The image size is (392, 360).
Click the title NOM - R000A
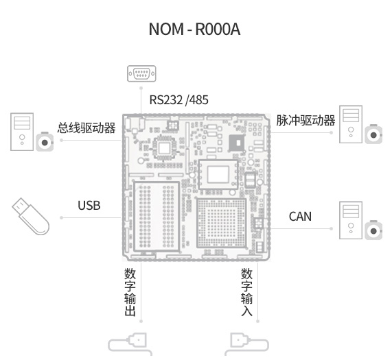coord(194,29)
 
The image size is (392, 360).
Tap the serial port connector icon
coord(141,73)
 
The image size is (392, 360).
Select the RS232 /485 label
coord(178,100)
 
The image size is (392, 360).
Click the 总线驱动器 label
coord(87,128)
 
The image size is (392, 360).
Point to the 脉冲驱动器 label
coord(305,120)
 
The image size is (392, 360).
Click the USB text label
coord(89,206)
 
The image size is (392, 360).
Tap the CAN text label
coord(300,217)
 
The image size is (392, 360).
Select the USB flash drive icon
coord(30,216)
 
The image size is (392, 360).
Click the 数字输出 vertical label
coord(130,292)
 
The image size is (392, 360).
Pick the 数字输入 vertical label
coord(246,292)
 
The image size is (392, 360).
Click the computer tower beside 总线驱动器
coord(22,132)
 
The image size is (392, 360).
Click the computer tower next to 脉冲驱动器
coord(351,124)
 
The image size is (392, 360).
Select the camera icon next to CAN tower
coord(373,230)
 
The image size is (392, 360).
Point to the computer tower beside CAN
coord(351,220)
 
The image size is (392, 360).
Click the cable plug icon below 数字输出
coord(130,344)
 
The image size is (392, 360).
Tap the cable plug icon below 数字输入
coord(246,344)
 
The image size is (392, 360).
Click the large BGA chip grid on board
coord(222,223)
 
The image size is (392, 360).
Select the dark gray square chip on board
coord(237,143)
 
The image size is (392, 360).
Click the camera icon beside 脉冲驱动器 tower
coord(373,134)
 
